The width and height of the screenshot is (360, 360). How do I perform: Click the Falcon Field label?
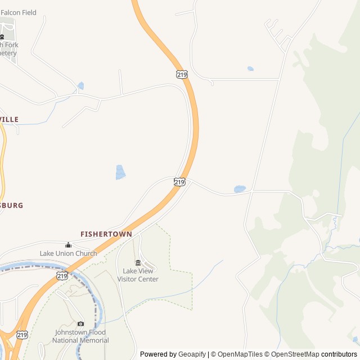point(19,12)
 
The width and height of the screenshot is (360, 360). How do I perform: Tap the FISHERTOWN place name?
point(106,234)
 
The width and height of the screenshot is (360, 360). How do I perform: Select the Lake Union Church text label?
point(68,254)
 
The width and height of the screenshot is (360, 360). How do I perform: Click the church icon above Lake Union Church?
point(68,245)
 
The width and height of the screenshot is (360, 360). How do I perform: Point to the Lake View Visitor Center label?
point(141,275)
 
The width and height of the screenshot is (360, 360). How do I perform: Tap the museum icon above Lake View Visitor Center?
point(138,263)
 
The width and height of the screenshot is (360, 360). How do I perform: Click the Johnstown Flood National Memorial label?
point(81,336)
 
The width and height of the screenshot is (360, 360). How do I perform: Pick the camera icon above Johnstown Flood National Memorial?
point(80,324)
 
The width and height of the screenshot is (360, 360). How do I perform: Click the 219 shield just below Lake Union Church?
point(62,276)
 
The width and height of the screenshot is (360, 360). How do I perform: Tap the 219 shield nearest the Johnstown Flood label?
point(22,334)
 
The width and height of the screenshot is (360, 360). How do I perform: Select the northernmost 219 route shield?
point(181,74)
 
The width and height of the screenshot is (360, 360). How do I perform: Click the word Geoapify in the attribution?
point(193,354)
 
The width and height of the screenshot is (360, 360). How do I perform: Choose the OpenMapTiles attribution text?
point(240,354)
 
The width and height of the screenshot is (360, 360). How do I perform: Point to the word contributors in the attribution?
point(339,354)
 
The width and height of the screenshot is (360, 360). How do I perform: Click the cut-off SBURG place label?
point(12,205)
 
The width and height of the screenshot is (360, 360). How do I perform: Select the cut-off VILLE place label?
point(10,119)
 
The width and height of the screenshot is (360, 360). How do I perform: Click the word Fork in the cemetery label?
point(11,45)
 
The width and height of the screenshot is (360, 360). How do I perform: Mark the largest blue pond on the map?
point(120,172)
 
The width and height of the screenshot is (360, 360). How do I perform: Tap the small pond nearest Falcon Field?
point(80,86)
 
